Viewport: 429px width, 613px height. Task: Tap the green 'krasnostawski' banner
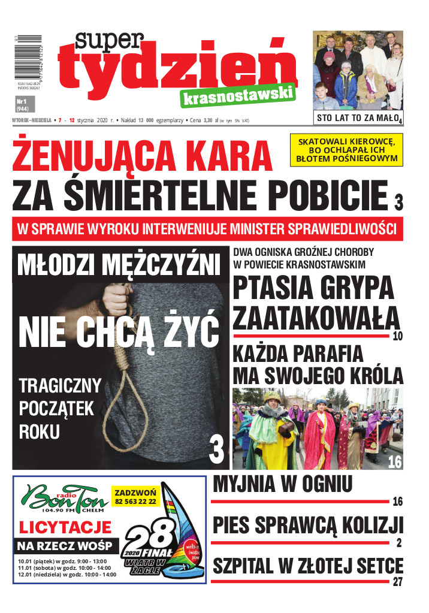[x=237, y=95]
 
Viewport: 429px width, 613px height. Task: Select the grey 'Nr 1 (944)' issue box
[x=24, y=104]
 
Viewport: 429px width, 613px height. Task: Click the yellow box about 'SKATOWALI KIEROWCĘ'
[x=346, y=150]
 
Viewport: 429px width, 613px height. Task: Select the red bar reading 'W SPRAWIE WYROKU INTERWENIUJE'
[x=207, y=229]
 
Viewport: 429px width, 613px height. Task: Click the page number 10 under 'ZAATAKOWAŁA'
[x=398, y=336]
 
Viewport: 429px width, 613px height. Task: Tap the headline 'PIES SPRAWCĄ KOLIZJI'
[x=307, y=526]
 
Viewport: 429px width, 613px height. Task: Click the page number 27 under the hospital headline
[x=398, y=582]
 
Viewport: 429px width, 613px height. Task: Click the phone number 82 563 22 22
[x=135, y=501]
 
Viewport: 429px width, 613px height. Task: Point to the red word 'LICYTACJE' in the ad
[x=66, y=528]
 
